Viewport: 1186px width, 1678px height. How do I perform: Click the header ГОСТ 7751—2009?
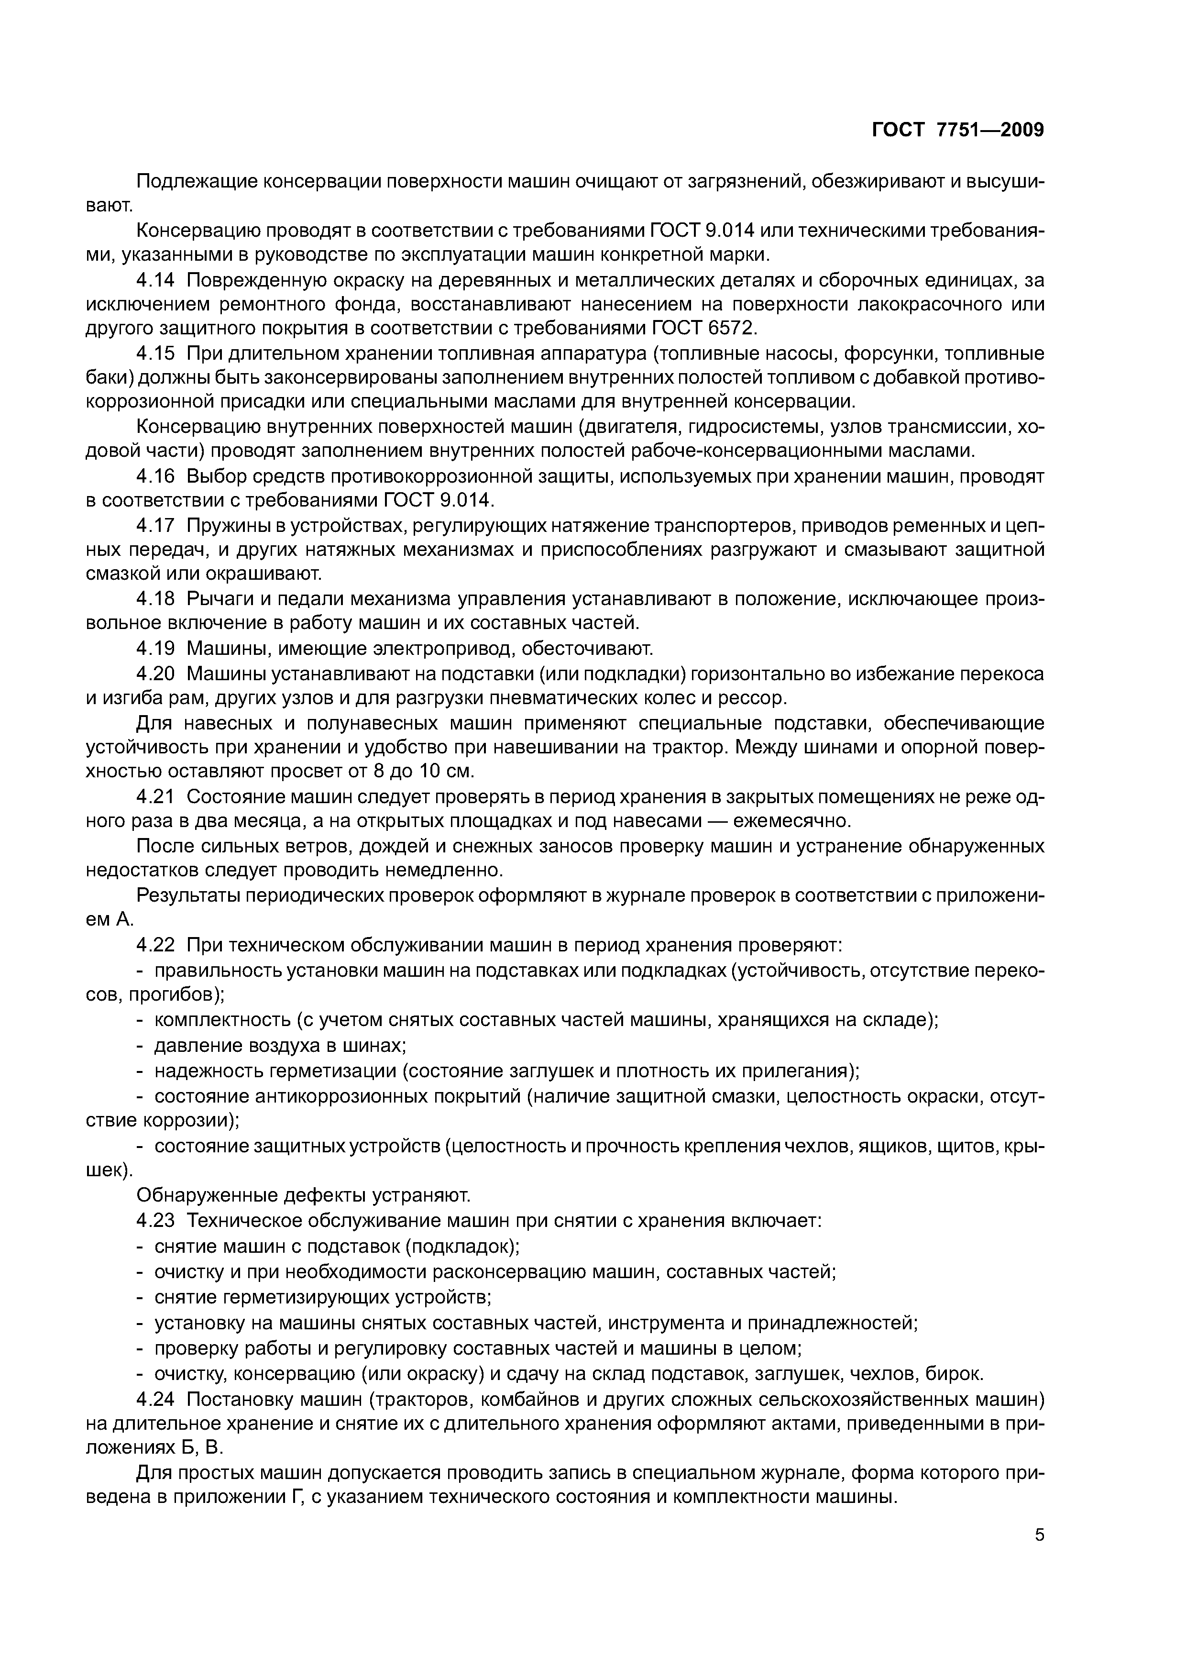[958, 130]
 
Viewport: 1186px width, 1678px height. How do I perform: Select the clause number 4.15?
[155, 353]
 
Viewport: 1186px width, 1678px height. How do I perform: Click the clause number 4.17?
[155, 526]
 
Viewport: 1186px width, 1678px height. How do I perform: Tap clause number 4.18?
[155, 599]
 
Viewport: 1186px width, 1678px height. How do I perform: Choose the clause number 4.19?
[155, 648]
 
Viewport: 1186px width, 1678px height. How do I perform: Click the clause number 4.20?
[155, 673]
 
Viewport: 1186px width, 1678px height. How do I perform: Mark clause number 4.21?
[155, 796]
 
